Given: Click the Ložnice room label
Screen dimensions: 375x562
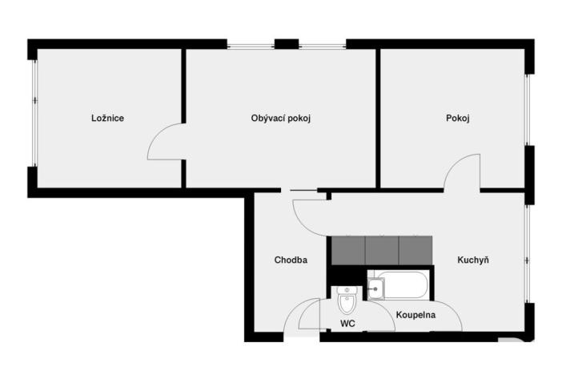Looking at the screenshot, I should coord(107,119).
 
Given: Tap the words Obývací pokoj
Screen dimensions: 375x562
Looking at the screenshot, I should coord(280,119).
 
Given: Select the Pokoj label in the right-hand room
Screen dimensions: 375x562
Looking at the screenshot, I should coord(457,119).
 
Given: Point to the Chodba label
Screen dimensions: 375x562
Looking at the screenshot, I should coord(291,260).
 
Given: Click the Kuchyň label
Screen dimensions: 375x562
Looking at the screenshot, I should coord(473,260).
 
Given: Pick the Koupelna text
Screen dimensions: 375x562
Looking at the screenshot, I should coord(415,315).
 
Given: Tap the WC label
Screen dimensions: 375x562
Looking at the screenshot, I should coord(347,324).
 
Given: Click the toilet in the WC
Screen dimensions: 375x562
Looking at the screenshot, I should coord(347,300).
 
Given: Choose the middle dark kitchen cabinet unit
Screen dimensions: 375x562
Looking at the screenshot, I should coord(382,250).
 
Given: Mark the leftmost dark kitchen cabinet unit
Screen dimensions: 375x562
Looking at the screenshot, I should coord(347,250).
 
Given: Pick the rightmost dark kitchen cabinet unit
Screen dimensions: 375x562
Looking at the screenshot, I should coord(415,250).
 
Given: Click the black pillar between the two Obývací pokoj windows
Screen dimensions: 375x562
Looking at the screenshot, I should coord(286,44).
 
